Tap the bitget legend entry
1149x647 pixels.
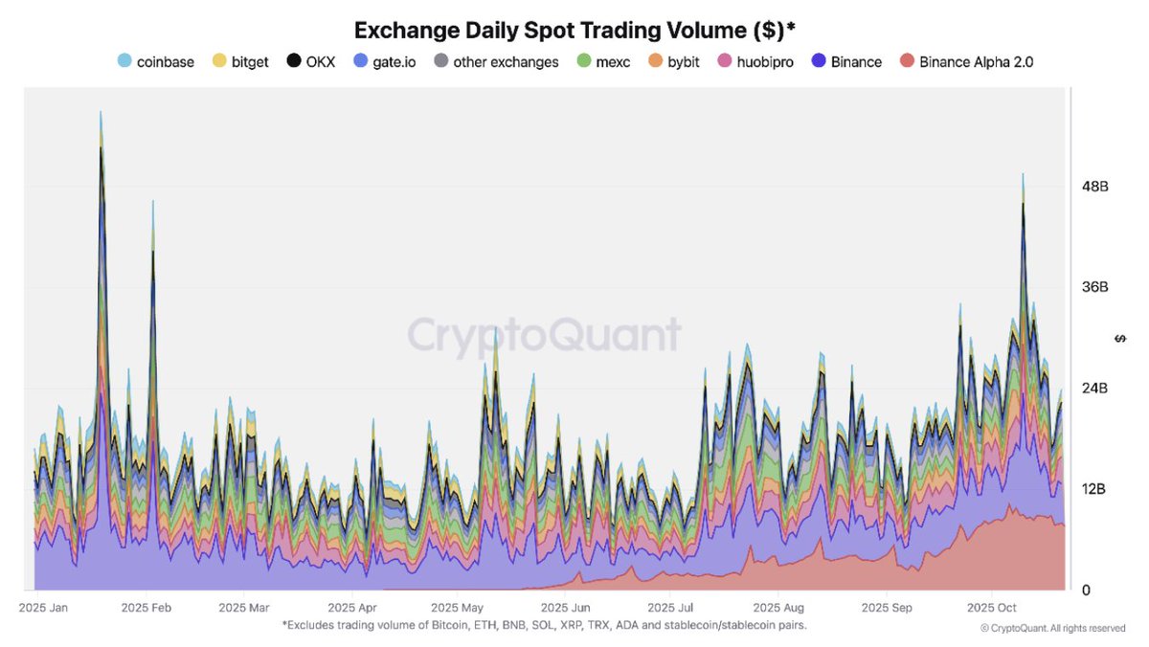pyautogui.click(x=240, y=62)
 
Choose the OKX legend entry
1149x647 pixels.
pyautogui.click(x=311, y=62)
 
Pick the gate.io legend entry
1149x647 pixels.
pyautogui.click(x=385, y=62)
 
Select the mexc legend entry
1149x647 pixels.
pyautogui.click(x=605, y=62)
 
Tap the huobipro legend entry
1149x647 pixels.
pyautogui.click(x=755, y=62)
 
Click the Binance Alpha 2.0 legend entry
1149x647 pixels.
pyautogui.click(x=967, y=62)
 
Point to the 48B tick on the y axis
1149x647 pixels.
pyautogui.click(x=1094, y=187)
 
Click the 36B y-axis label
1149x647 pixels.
pyautogui.click(x=1094, y=287)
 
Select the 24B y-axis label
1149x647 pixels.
pyautogui.click(x=1094, y=389)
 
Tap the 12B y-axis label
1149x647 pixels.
pyautogui.click(x=1094, y=489)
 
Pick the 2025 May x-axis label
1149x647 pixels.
pyautogui.click(x=458, y=608)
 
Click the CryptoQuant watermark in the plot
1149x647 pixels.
pyautogui.click(x=544, y=336)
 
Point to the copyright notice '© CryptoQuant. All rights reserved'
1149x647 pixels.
pyautogui.click(x=1052, y=629)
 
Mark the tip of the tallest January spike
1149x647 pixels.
pyautogui.click(x=101, y=112)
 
